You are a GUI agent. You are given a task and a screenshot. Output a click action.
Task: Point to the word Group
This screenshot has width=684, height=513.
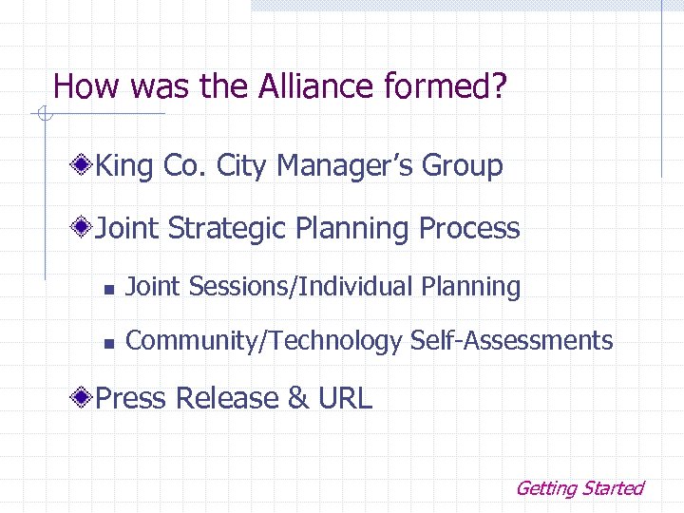462,166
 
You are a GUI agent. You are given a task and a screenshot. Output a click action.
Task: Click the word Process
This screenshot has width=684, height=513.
469,229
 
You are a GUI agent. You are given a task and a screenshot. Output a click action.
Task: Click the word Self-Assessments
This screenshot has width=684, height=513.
512,340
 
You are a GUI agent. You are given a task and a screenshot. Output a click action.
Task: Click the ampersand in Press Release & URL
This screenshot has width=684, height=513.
298,398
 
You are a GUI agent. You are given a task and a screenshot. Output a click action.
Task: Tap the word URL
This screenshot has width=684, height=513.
345,398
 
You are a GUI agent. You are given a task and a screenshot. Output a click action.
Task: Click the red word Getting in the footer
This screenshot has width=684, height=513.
545,488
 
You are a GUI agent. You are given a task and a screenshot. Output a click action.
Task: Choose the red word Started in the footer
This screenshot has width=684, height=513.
613,488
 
